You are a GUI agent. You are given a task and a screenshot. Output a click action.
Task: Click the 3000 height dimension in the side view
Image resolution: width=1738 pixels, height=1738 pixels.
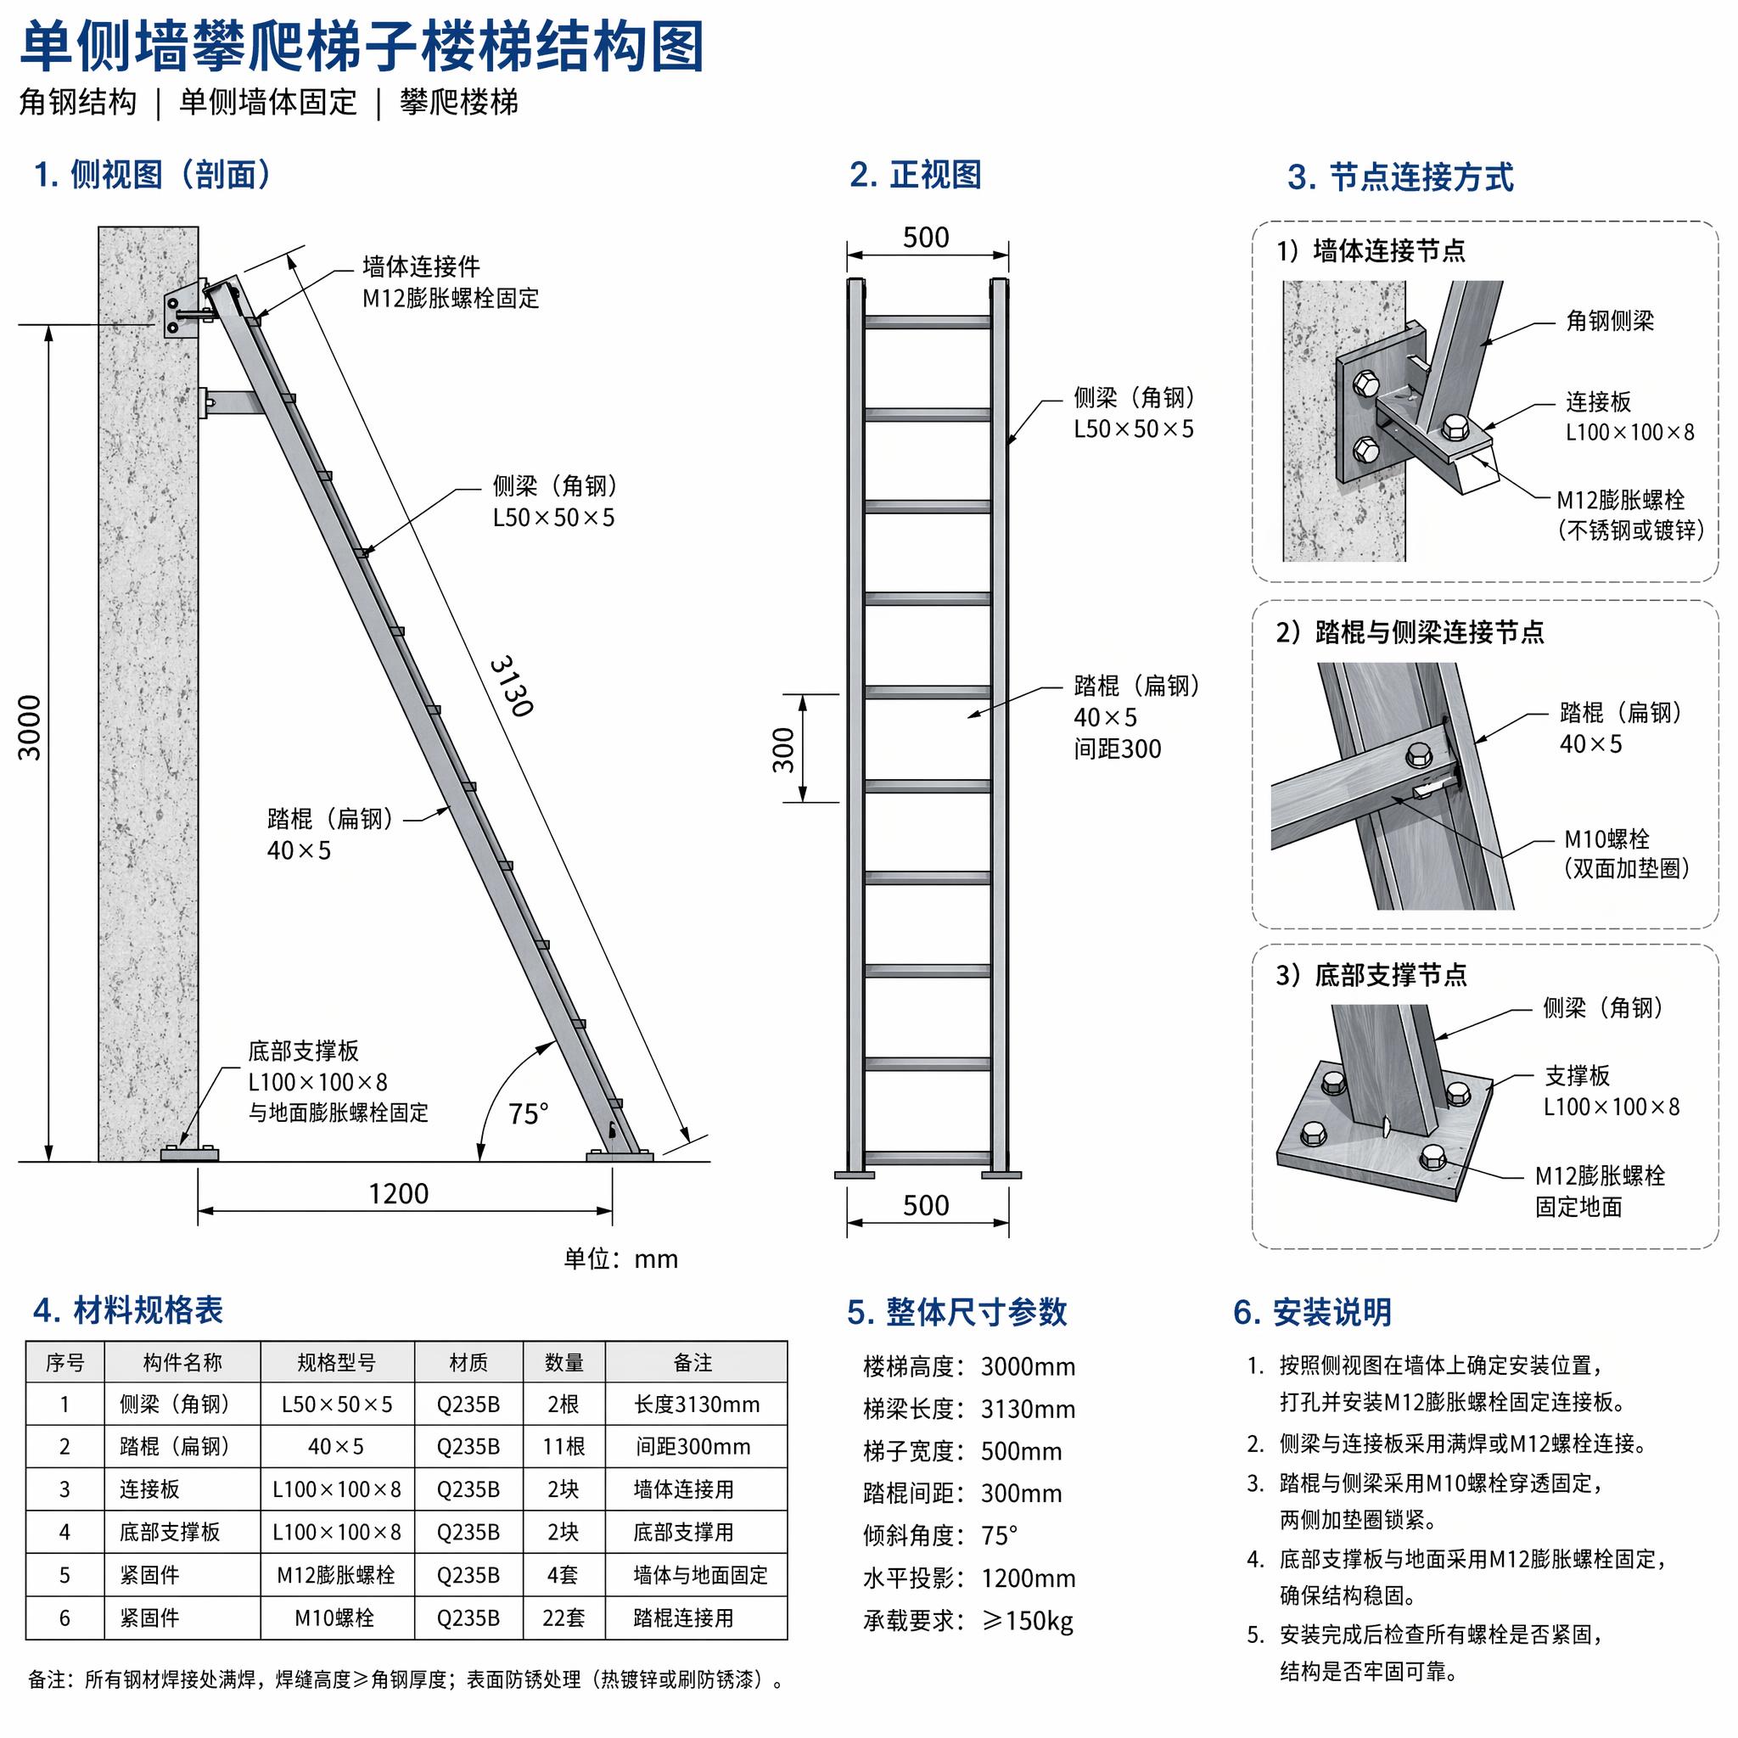tap(30, 727)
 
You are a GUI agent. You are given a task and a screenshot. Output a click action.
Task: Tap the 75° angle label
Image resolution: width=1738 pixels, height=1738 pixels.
tap(528, 1114)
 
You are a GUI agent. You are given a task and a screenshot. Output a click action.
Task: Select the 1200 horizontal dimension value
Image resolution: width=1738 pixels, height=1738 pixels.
tap(399, 1194)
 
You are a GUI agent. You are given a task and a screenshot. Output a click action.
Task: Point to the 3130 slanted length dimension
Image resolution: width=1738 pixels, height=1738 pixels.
tap(512, 687)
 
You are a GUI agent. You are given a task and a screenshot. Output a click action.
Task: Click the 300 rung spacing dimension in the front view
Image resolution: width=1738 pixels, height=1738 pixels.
tap(783, 749)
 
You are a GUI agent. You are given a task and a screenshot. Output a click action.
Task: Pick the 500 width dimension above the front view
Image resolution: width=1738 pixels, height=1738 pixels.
tap(926, 238)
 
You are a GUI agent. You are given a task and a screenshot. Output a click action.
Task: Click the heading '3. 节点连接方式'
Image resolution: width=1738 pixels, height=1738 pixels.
tap(1400, 177)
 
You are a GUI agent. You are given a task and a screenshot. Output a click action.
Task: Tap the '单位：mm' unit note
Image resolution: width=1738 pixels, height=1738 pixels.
tap(620, 1259)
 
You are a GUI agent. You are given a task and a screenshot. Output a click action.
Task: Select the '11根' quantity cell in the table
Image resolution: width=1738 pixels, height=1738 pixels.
tap(564, 1447)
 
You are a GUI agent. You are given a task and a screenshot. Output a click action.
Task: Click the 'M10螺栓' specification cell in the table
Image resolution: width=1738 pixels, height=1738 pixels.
tap(334, 1618)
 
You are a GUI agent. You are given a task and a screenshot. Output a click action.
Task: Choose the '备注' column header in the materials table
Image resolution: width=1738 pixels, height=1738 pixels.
tap(692, 1363)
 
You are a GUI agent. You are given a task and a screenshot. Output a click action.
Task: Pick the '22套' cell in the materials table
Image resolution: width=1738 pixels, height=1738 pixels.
tap(564, 1618)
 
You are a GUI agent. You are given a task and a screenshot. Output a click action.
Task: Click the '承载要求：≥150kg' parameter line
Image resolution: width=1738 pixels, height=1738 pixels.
tap(968, 1621)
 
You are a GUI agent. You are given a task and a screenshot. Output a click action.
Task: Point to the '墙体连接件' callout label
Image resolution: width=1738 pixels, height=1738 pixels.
tap(421, 266)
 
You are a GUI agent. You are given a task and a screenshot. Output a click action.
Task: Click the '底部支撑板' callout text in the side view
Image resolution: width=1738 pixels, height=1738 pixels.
tap(303, 1051)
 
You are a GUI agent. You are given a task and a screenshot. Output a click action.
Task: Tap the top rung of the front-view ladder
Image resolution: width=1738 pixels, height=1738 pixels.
tap(928, 321)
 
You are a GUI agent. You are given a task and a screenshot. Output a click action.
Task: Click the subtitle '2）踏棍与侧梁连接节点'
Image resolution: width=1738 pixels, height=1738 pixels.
tap(1410, 632)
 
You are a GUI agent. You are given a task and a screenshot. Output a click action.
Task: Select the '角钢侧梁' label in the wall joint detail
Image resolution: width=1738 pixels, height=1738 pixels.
tap(1609, 320)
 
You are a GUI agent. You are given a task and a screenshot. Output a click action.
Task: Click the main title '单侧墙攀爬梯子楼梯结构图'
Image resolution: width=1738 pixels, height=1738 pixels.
tap(362, 47)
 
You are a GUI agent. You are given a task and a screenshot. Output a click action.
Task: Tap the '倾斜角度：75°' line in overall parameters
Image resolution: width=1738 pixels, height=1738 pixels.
tap(940, 1535)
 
